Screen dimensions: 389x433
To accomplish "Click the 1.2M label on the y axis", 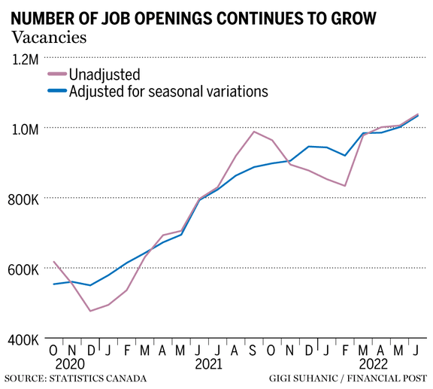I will point(25,58).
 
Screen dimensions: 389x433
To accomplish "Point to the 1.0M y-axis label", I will point(25,129).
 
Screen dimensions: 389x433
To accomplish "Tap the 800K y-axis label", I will point(25,199).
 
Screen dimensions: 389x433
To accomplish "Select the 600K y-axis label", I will point(25,270).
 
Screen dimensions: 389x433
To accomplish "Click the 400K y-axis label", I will point(25,340).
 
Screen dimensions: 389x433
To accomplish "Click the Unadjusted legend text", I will point(104,74).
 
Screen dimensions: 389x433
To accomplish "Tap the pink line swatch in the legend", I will point(56,74).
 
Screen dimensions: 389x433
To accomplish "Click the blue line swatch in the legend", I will point(56,92).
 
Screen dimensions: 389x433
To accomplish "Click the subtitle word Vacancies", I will point(48,35).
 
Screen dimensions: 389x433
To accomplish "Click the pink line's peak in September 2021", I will point(253,132).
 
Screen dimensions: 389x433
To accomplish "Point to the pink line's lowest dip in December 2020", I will point(90,311).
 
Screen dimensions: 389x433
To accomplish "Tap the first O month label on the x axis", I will point(53,350).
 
